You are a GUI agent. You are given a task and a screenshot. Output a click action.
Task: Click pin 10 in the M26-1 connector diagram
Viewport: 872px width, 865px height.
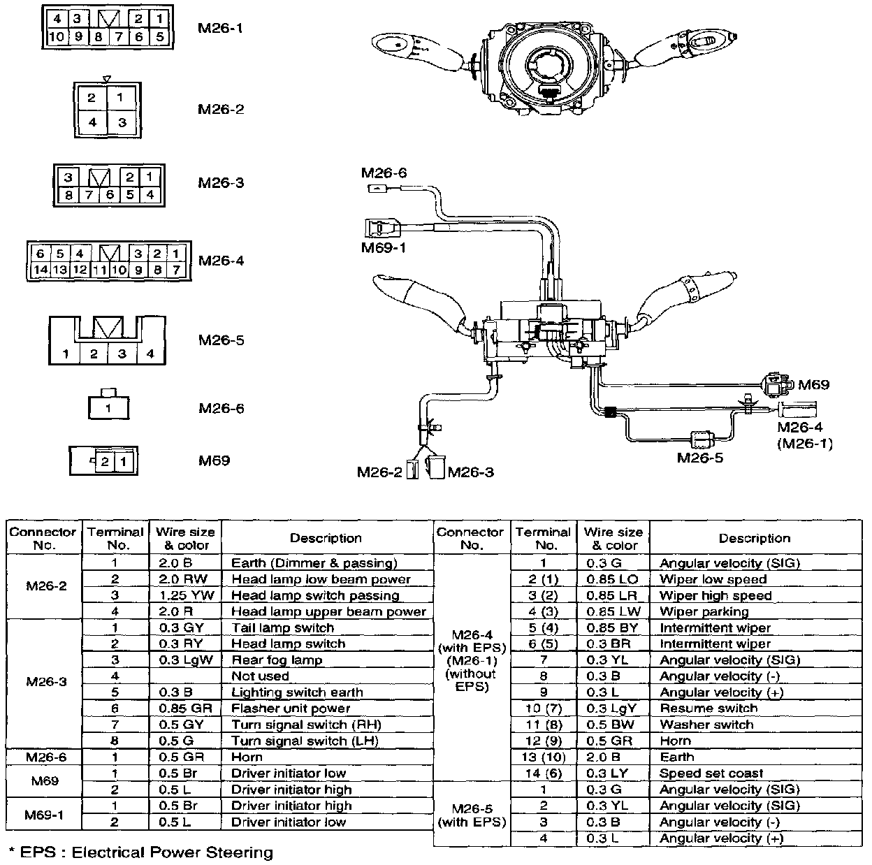tap(57, 36)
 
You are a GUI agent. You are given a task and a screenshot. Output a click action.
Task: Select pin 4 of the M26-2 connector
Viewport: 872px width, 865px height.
tap(92, 123)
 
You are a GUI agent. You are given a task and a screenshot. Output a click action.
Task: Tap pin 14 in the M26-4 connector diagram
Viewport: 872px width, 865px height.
tap(41, 270)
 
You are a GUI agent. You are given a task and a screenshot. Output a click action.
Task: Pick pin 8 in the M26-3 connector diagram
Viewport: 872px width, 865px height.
tap(68, 195)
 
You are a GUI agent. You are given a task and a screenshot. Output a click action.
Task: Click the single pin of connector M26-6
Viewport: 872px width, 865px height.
tap(108, 407)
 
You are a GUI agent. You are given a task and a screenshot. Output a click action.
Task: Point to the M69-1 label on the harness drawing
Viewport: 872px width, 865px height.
tap(384, 247)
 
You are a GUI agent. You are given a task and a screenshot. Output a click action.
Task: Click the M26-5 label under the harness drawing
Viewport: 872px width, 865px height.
tap(700, 458)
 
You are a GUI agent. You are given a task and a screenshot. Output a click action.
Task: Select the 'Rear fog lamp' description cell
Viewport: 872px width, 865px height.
tap(277, 660)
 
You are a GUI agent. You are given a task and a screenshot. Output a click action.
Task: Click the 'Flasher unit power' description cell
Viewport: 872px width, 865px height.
tap(291, 708)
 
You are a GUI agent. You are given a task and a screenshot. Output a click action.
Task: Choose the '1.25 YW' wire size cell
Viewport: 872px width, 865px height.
tap(185, 595)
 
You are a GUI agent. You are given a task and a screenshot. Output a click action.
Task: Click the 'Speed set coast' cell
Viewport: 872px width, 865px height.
tap(711, 773)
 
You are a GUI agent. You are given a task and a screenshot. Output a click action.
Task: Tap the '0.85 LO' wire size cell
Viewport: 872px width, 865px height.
tap(612, 579)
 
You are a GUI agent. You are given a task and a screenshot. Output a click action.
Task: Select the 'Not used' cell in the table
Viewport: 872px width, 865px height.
tap(260, 676)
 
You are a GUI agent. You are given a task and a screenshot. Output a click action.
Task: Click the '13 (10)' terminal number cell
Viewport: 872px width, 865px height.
tap(544, 757)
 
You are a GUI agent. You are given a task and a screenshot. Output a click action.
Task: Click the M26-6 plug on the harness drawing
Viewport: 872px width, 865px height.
tap(377, 189)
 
